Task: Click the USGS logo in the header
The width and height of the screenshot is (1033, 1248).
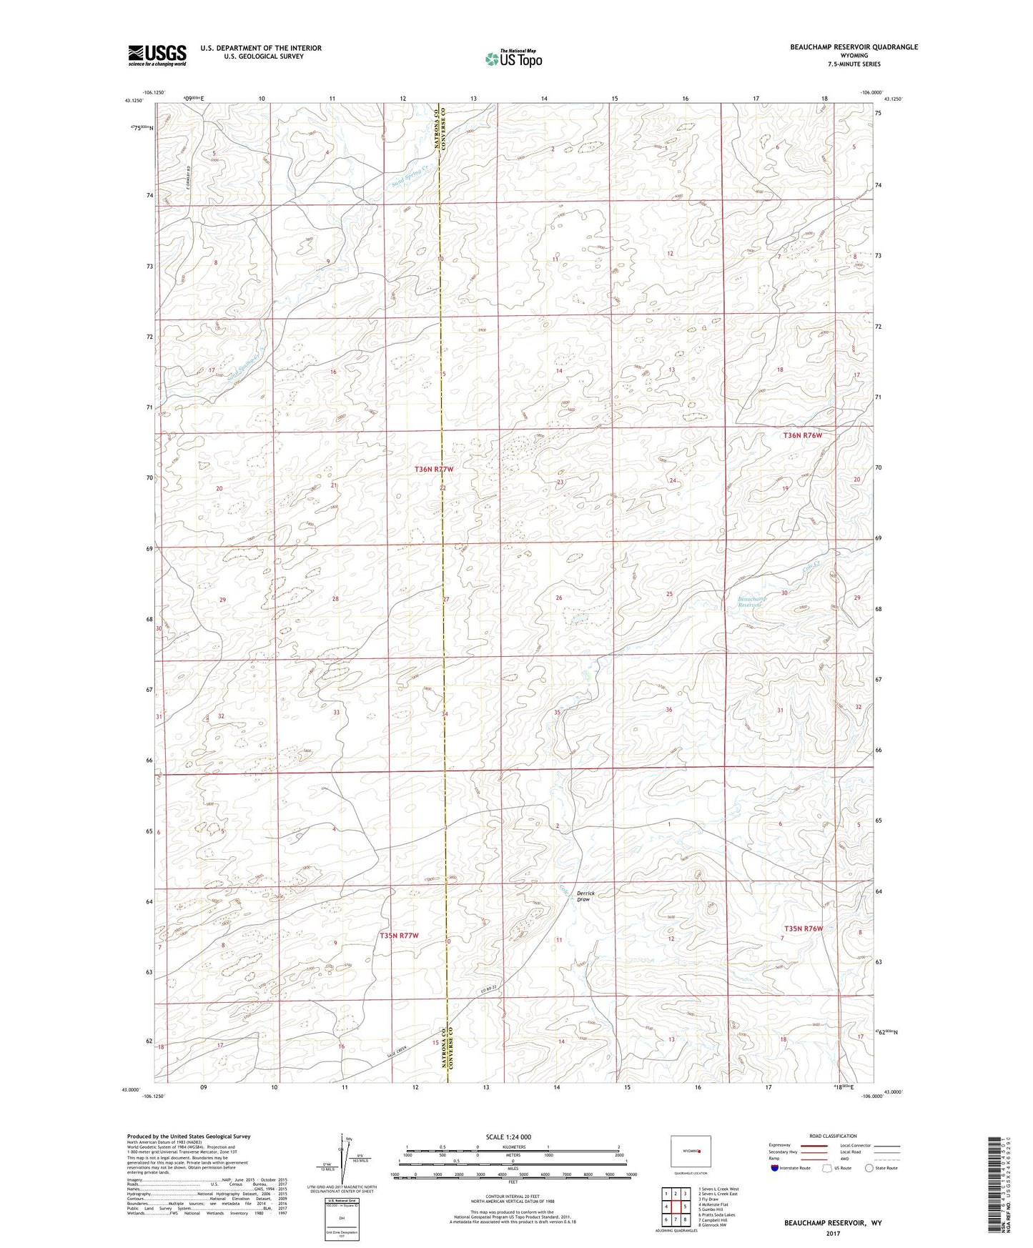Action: [x=157, y=55]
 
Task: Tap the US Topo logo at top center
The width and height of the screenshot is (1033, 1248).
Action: [x=513, y=59]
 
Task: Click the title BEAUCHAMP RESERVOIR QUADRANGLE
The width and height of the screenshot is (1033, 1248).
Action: [x=854, y=47]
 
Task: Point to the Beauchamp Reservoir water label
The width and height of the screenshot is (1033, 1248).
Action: [x=752, y=601]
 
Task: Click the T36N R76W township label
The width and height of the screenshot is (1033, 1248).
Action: [x=803, y=435]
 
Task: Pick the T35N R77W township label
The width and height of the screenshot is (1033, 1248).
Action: [x=399, y=935]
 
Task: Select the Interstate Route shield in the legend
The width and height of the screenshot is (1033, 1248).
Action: [x=775, y=1168]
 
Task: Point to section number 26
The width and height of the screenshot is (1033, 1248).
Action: [x=559, y=598]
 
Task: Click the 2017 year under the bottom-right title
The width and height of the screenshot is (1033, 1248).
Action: [x=832, y=1233]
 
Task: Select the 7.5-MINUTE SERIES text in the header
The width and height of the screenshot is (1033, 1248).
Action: [x=854, y=64]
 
